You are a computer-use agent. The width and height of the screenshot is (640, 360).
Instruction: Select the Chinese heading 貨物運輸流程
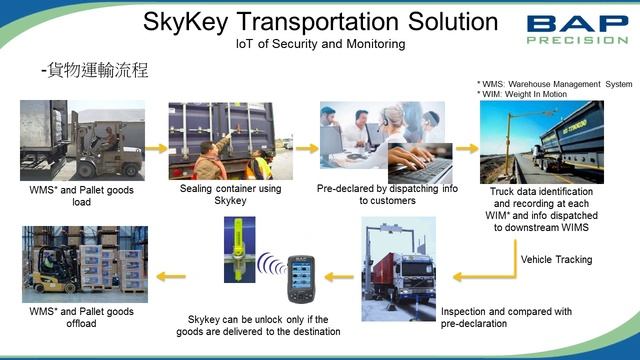click(x=93, y=71)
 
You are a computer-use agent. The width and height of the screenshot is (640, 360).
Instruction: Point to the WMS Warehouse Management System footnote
click(x=555, y=84)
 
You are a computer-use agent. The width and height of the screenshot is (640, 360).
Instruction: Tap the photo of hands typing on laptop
click(x=421, y=164)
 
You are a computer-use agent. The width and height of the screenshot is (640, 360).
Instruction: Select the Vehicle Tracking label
click(x=557, y=260)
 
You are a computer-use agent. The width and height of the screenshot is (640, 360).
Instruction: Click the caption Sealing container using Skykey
click(x=230, y=194)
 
